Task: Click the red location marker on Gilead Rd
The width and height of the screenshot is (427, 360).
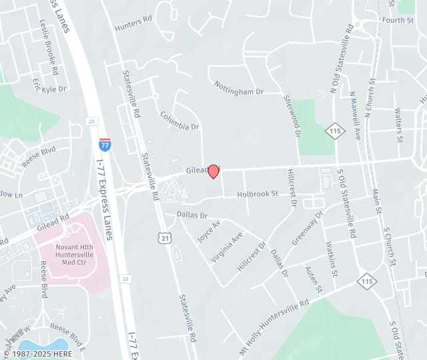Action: (x=213, y=171)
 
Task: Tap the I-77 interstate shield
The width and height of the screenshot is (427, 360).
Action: (x=105, y=144)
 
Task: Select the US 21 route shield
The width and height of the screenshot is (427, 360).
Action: (x=165, y=237)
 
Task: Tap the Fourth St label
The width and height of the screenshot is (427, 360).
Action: (x=398, y=21)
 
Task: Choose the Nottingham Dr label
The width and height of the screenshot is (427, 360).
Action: (x=240, y=87)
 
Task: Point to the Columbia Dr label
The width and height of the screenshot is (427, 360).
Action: (x=179, y=121)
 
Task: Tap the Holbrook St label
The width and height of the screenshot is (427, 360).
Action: (x=258, y=194)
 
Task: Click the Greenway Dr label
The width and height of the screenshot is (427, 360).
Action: (x=307, y=229)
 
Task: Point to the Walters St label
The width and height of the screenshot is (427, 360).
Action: (x=400, y=126)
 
